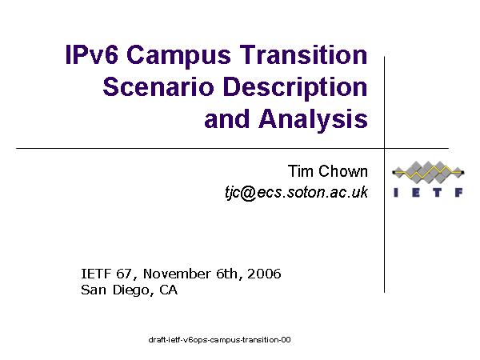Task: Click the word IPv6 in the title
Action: [x=91, y=54]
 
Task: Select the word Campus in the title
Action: [x=178, y=58]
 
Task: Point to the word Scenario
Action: [x=158, y=87]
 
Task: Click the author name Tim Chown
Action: [x=327, y=171]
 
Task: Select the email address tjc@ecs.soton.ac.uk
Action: [x=296, y=193]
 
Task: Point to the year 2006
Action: [x=264, y=274]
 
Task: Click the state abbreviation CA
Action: [x=168, y=290]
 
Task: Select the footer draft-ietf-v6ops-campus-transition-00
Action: [x=219, y=340]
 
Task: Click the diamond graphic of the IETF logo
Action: [x=428, y=172]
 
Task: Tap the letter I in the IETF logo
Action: [x=396, y=193]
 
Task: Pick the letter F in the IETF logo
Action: [x=459, y=193]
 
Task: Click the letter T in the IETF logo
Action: [x=438, y=193]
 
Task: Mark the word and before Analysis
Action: [x=227, y=118]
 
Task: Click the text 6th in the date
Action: [x=229, y=274]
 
